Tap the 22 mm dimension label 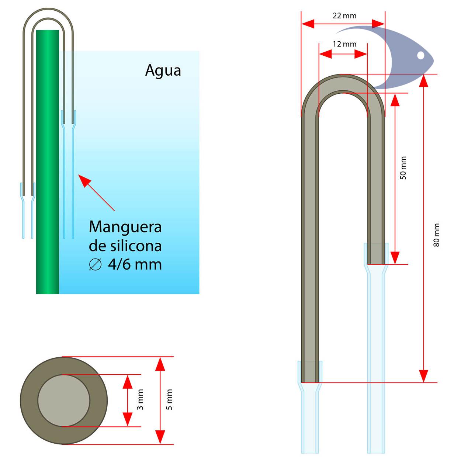(x=344, y=16)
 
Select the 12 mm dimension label (x=344, y=44)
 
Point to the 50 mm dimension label (x=403, y=168)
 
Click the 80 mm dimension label (x=437, y=235)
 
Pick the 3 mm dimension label (x=140, y=399)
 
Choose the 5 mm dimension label (x=169, y=399)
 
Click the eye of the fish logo (x=420, y=55)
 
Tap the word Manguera (x=125, y=227)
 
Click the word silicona (x=136, y=246)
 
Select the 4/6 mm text (x=135, y=264)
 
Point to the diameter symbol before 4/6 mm (x=95, y=264)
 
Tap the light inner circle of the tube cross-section (x=64, y=401)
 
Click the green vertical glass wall (x=47, y=162)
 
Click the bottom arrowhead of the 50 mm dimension (x=395, y=258)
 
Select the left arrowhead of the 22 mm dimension (x=308, y=24)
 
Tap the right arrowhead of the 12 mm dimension (x=361, y=54)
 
